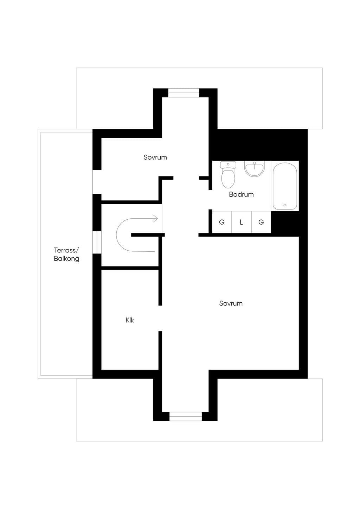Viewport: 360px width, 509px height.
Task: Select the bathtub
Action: [x=285, y=186]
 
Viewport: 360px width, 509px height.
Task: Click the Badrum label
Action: [x=241, y=194]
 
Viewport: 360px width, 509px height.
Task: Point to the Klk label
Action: [x=130, y=320]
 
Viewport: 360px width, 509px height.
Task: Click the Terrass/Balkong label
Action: [x=66, y=254]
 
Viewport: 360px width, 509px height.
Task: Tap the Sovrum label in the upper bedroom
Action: [x=155, y=157]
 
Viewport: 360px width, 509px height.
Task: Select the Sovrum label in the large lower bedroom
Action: [x=231, y=303]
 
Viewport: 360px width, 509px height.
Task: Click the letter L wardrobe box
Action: [x=242, y=222]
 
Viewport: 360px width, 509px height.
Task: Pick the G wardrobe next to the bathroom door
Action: [x=222, y=222]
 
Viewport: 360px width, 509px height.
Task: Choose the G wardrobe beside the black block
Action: [x=261, y=222]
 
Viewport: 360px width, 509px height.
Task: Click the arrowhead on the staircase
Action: [x=155, y=219]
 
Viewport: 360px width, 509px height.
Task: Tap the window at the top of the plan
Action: [x=184, y=93]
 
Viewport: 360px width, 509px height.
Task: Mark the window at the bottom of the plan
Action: [x=186, y=417]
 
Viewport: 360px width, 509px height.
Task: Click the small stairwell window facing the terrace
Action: [x=97, y=242]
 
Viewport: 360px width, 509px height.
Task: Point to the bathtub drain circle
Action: [x=285, y=205]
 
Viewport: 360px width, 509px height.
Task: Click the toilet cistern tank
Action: [x=228, y=165]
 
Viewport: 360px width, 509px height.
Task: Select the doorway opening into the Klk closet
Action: [x=160, y=318]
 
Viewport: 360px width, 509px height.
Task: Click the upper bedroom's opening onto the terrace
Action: [x=97, y=182]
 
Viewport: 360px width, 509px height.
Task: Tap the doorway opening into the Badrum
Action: [x=211, y=200]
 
